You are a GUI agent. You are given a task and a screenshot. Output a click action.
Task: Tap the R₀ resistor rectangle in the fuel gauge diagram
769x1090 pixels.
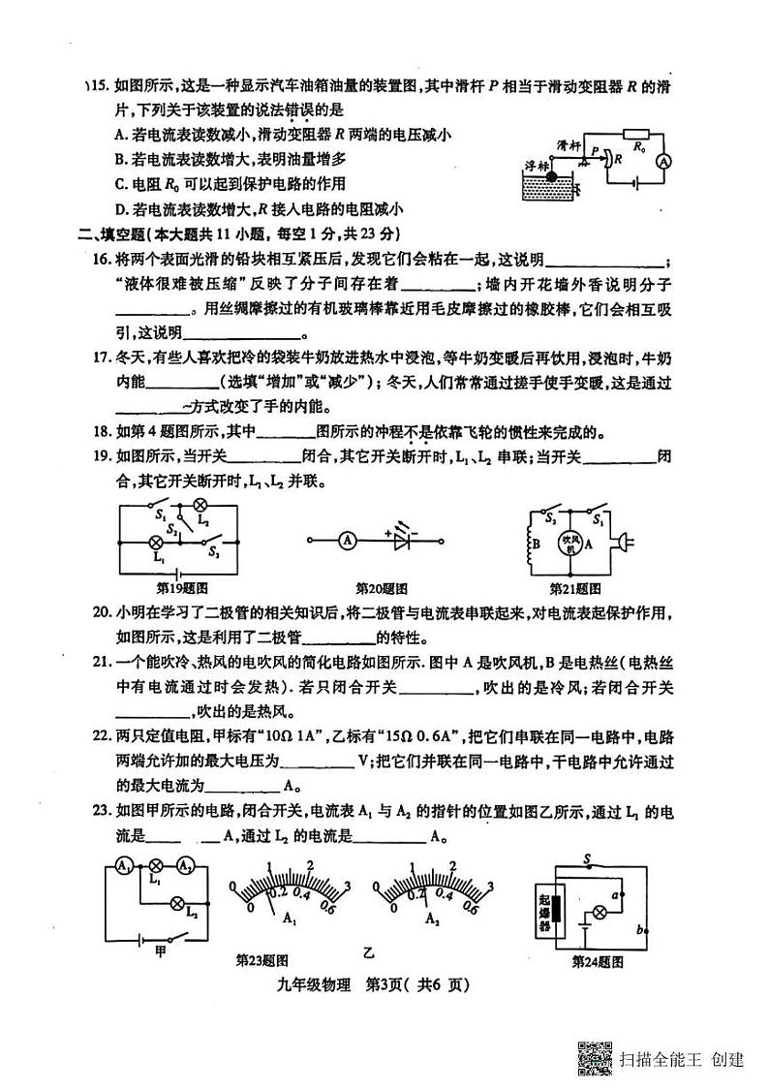(x=635, y=134)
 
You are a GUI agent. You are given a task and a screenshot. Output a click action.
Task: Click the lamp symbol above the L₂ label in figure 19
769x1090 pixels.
(x=201, y=505)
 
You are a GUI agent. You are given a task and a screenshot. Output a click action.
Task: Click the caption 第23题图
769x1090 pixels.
(x=262, y=961)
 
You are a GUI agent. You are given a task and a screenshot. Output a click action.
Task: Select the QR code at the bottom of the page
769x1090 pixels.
(x=596, y=1058)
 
